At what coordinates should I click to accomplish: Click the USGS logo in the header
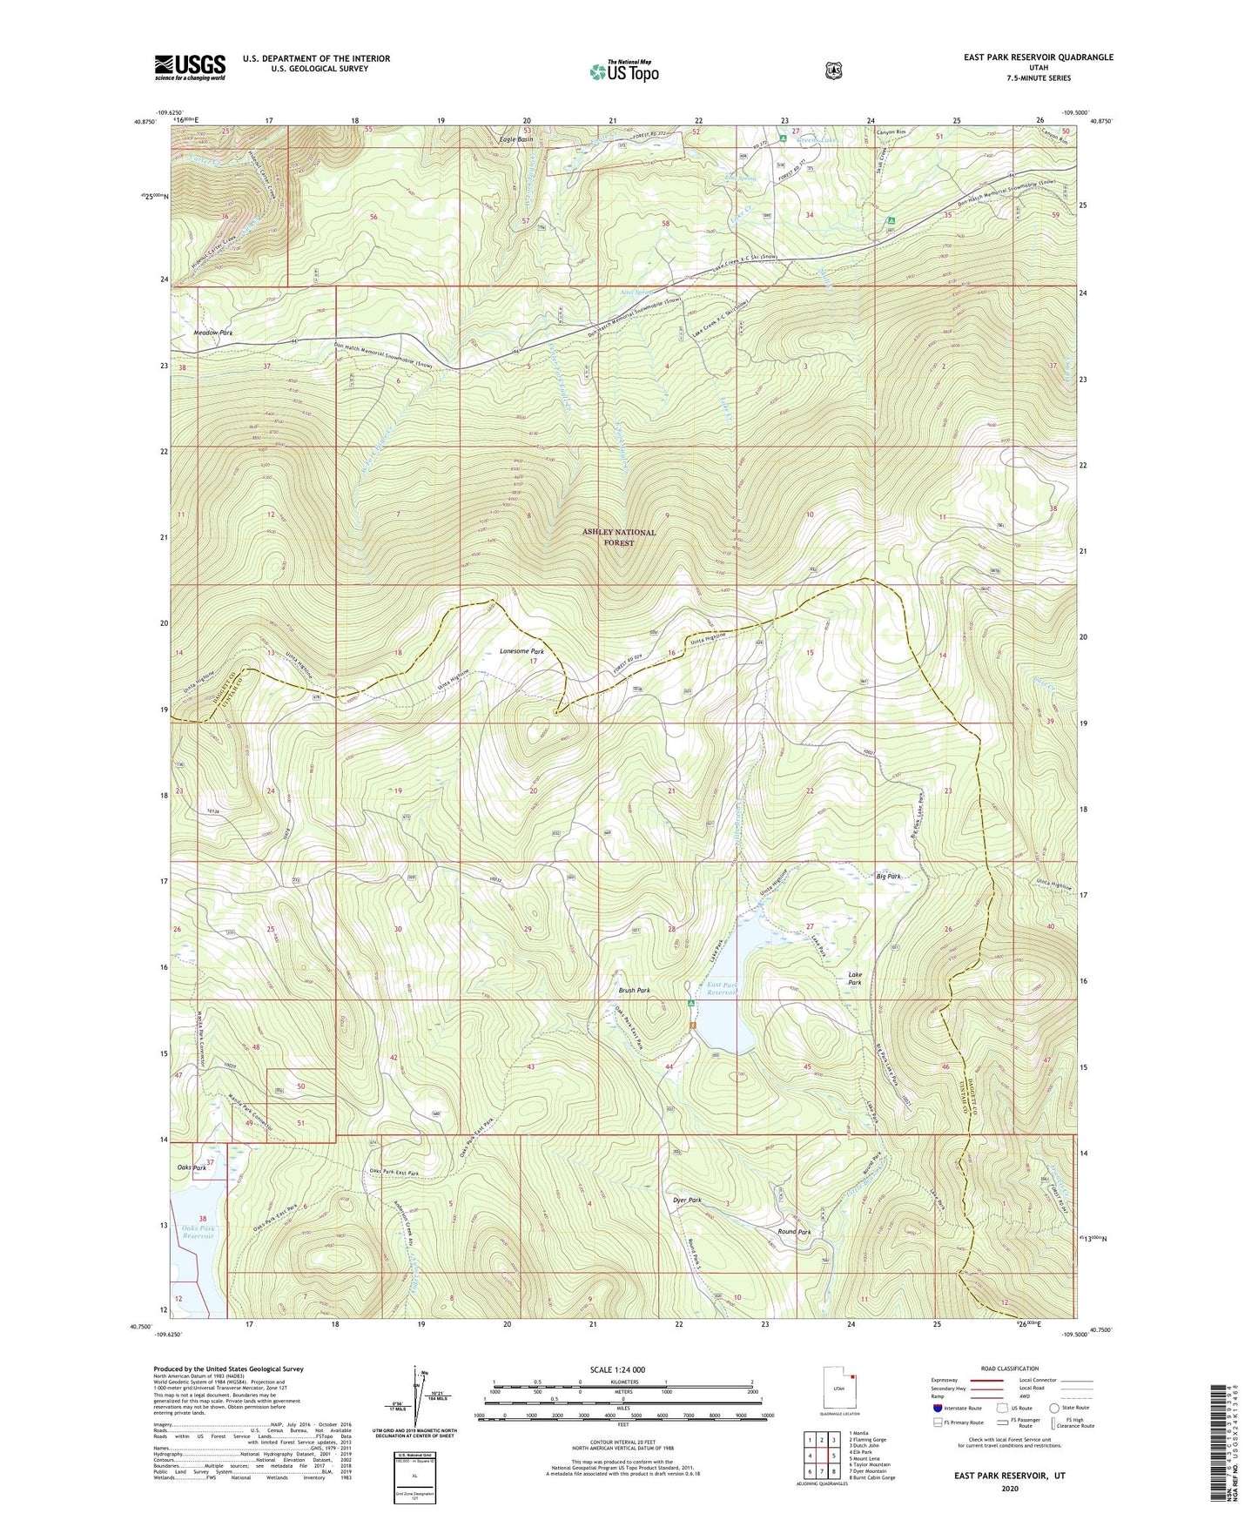coord(190,67)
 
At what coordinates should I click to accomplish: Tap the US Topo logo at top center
coord(622,71)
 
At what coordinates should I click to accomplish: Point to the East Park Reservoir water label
coord(722,988)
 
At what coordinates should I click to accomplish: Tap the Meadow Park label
coord(213,333)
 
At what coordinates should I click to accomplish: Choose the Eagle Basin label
coord(515,139)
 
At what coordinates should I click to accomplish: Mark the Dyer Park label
coord(687,1200)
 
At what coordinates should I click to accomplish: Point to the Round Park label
coord(794,1233)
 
